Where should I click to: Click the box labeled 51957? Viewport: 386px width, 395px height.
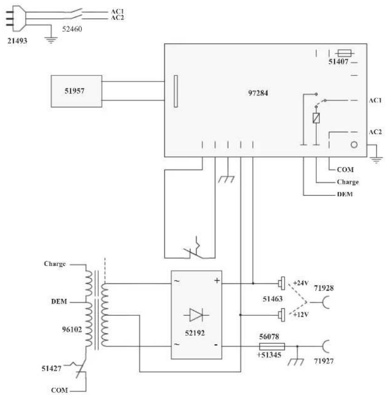pyautogui.click(x=76, y=91)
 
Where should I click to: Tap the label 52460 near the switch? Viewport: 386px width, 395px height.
pyautogui.click(x=72, y=29)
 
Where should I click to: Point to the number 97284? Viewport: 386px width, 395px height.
pyautogui.click(x=258, y=93)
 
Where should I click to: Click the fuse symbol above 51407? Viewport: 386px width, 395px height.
pyautogui.click(x=344, y=53)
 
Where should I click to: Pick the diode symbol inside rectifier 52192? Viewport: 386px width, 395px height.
pyautogui.click(x=196, y=315)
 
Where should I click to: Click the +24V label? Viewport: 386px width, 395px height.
pyautogui.click(x=301, y=283)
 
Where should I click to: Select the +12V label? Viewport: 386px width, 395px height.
pyautogui.click(x=301, y=314)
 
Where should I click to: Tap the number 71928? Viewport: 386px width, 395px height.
pyautogui.click(x=324, y=288)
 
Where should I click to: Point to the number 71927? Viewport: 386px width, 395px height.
pyautogui.click(x=324, y=361)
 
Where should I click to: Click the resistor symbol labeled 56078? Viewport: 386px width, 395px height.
pyautogui.click(x=272, y=347)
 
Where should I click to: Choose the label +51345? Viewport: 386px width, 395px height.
pyautogui.click(x=269, y=355)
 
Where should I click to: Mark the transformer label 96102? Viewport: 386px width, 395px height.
pyautogui.click(x=72, y=329)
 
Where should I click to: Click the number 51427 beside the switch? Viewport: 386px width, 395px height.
pyautogui.click(x=51, y=368)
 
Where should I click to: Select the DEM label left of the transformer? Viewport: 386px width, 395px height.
pyautogui.click(x=59, y=301)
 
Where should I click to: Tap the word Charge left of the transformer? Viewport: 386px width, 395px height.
pyautogui.click(x=54, y=264)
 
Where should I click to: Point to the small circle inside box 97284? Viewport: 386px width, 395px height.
pyautogui.click(x=354, y=144)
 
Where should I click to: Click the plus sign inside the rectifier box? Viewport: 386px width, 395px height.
pyautogui.click(x=217, y=280)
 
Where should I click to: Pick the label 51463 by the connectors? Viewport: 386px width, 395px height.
pyautogui.click(x=272, y=299)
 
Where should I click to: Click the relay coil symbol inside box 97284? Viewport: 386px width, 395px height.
pyautogui.click(x=316, y=118)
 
